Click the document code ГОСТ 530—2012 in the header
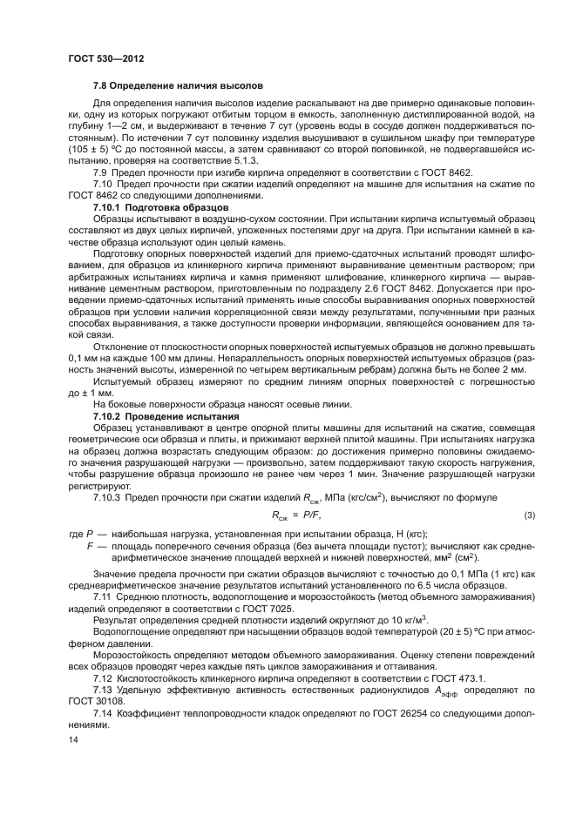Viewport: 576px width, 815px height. [105, 58]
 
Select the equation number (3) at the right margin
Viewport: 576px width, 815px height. [528, 516]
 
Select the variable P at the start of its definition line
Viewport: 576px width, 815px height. [91, 533]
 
